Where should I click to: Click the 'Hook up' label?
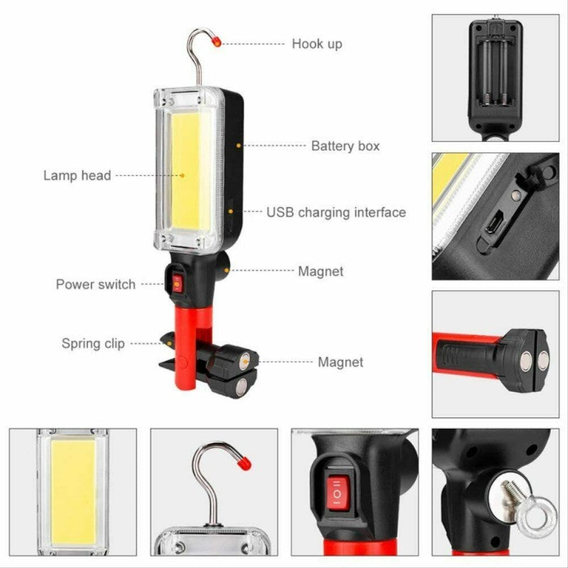pyautogui.click(x=317, y=44)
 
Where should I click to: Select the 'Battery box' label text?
pyautogui.click(x=345, y=146)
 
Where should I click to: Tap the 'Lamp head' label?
pyautogui.click(x=77, y=175)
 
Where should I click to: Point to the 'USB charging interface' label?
pyautogui.click(x=336, y=212)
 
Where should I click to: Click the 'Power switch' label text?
pyautogui.click(x=95, y=285)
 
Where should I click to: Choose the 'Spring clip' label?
pyautogui.click(x=93, y=344)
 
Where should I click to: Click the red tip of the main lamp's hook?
pyautogui.click(x=217, y=43)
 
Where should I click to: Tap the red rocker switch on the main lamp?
pyautogui.click(x=175, y=283)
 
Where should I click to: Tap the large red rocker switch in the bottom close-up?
pyautogui.click(x=337, y=492)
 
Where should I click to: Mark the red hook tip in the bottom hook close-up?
pyautogui.click(x=244, y=463)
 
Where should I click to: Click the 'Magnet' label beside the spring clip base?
pyautogui.click(x=340, y=362)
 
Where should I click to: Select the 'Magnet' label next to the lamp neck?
pyautogui.click(x=320, y=271)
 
